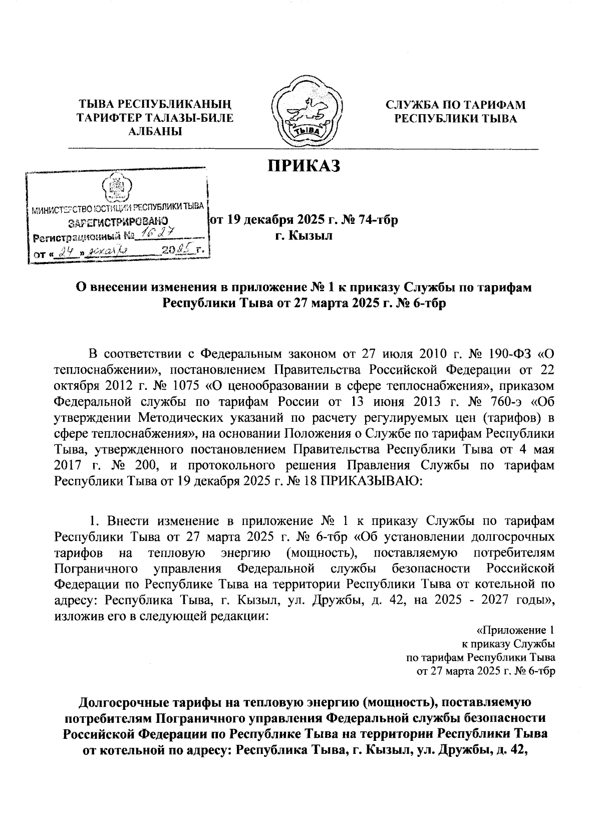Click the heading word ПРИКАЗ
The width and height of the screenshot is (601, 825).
pos(304,166)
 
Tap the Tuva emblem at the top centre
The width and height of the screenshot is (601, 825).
pos(306,111)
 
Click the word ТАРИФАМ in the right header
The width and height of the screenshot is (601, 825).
pos(496,105)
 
